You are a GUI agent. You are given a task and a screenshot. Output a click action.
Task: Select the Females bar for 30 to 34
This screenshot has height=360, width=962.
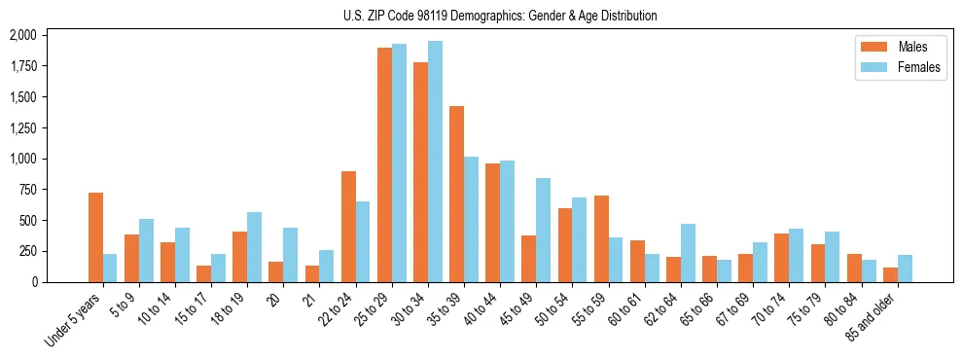pos(435,162)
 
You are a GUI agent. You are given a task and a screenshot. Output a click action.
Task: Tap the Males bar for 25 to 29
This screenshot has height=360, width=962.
pos(384,164)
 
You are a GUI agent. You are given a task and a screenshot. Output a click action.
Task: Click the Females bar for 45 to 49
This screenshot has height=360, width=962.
pos(543,230)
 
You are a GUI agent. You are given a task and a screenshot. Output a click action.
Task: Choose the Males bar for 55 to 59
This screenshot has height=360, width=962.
pos(601,238)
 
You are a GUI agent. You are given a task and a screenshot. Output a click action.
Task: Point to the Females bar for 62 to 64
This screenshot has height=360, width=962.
pos(688,253)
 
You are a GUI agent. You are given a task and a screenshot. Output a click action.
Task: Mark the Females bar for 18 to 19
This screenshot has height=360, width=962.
pos(254,247)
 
